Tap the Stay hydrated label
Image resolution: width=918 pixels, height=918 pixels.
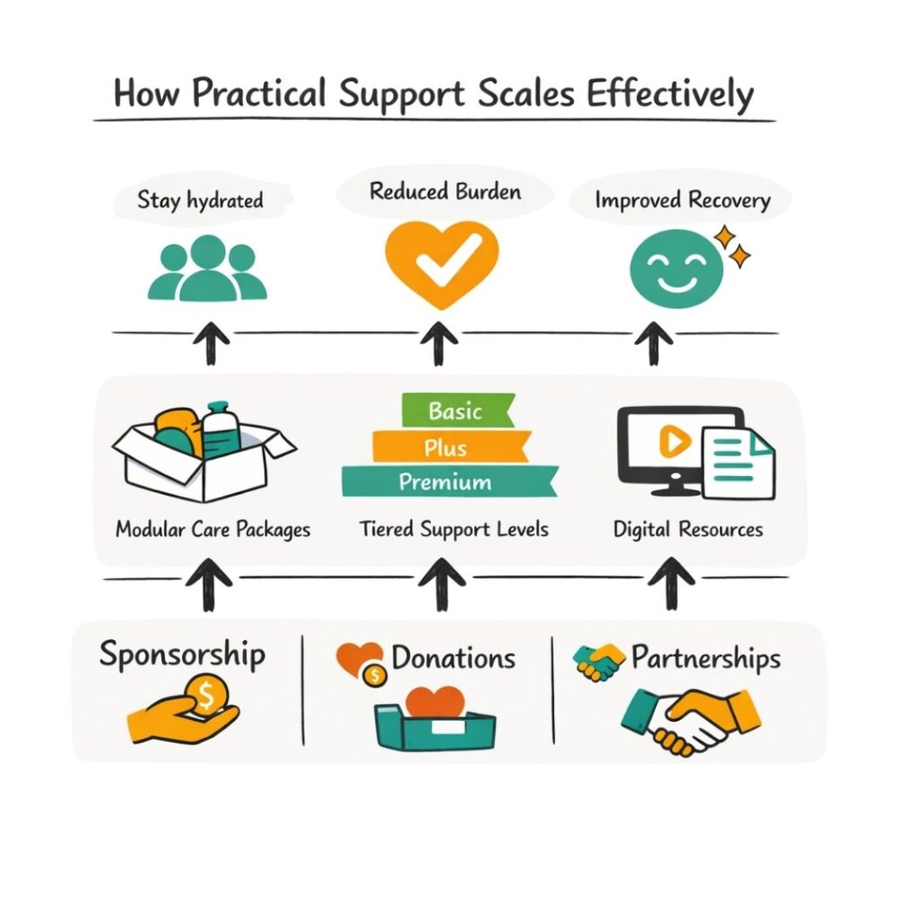coord(200,199)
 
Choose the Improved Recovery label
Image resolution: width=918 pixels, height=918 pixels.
coord(682,199)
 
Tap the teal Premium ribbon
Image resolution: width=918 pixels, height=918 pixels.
coord(446,481)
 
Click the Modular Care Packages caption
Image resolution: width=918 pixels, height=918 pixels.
coord(213,529)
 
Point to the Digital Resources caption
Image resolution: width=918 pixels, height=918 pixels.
coord(688,529)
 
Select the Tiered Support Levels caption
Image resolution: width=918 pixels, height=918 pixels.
coord(455,529)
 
